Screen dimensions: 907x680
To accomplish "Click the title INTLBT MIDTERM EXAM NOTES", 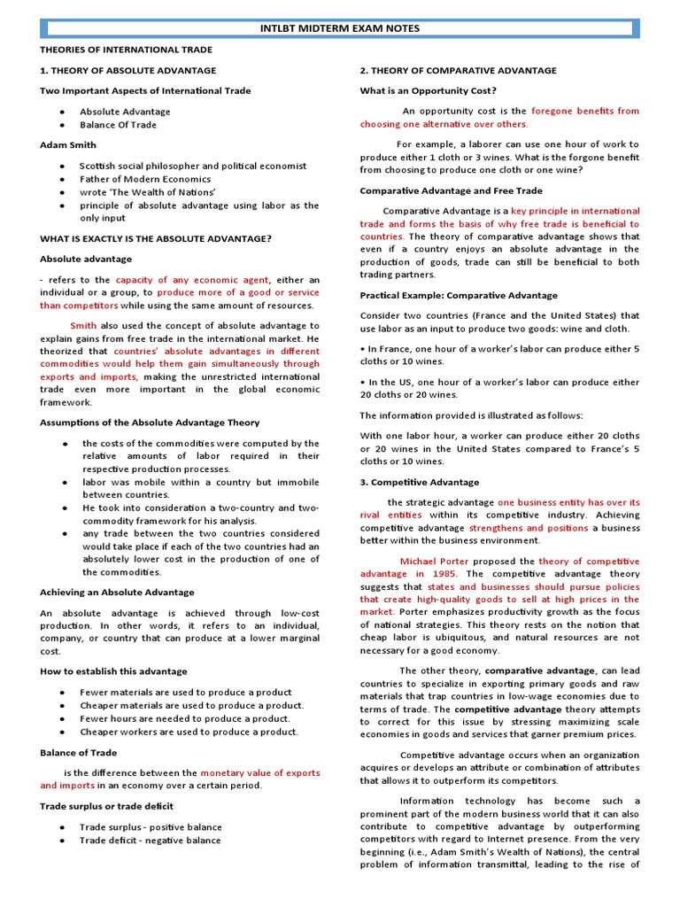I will point(339,28).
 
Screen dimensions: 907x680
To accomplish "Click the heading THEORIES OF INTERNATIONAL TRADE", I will point(126,50).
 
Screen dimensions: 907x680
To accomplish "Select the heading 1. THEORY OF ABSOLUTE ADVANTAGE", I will point(127,70).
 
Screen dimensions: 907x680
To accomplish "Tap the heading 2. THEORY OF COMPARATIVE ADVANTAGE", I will point(458,70).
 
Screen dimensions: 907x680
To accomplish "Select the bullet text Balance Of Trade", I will point(118,125).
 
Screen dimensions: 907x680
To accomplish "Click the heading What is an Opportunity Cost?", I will point(428,90).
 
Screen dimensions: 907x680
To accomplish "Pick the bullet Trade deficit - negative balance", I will point(151,840).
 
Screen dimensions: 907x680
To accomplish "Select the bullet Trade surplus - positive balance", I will point(151,826).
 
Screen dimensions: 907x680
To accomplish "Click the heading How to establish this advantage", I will point(113,671).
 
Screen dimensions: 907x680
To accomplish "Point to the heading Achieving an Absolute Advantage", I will point(117,592).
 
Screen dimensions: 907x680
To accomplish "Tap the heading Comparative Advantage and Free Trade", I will point(451,190).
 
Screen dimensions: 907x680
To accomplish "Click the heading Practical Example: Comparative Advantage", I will point(459,295).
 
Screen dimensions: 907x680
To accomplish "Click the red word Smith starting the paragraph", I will point(83,325).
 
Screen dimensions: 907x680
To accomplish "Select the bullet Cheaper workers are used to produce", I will point(189,732).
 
